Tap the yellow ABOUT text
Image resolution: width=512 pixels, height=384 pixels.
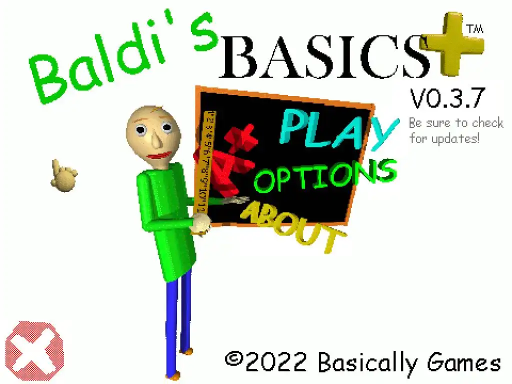[292, 227]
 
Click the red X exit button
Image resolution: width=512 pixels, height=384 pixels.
[34, 351]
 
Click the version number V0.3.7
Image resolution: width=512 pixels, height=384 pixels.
[447, 98]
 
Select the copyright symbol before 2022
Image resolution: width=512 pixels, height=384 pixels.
[234, 359]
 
